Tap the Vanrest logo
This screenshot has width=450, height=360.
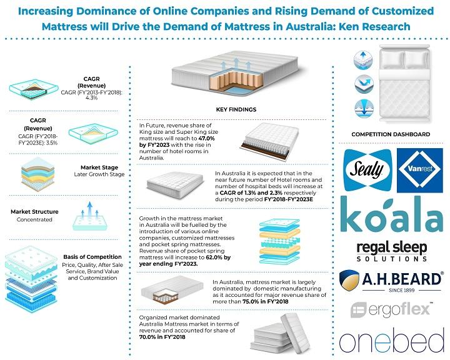click(x=420, y=170)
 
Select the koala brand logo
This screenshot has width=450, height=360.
click(x=392, y=215)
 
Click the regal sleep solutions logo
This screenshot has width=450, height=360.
click(x=392, y=251)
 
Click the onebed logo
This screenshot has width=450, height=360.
click(x=392, y=340)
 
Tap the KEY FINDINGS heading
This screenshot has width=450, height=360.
click(x=236, y=109)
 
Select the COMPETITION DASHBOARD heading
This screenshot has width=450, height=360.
click(x=391, y=134)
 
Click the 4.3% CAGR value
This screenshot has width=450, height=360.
click(x=91, y=97)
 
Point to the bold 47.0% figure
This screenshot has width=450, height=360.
click(x=206, y=138)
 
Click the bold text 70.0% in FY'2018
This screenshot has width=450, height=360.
click(x=162, y=337)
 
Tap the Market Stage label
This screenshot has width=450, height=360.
click(x=99, y=167)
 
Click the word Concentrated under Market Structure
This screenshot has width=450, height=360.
click(x=34, y=219)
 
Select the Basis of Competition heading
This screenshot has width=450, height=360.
click(x=92, y=257)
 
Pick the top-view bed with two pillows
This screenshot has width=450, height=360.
click(x=404, y=83)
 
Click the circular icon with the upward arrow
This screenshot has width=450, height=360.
click(x=363, y=60)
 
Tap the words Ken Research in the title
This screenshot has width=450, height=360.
click(x=374, y=26)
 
